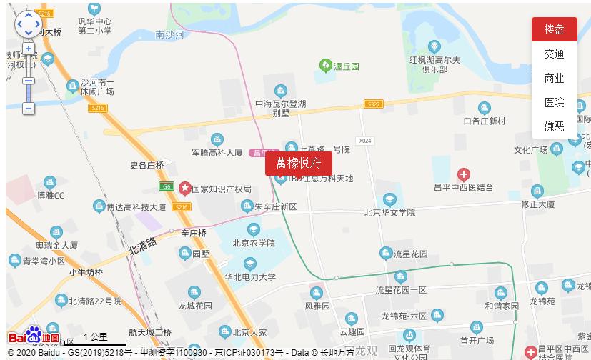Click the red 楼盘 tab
click(x=554, y=30)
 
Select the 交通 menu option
click(x=554, y=54)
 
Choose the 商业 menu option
click(x=554, y=79)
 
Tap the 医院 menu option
click(x=554, y=103)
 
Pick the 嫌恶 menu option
click(x=554, y=126)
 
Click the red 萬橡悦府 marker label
click(x=299, y=164)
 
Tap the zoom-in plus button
click(x=29, y=49)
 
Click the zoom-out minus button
click(x=29, y=109)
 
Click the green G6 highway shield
click(x=167, y=186)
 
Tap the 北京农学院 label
click(x=254, y=243)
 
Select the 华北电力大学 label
click(x=250, y=277)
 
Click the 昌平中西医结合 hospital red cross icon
click(x=463, y=174)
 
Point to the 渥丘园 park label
click(x=346, y=66)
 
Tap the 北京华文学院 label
click(x=389, y=212)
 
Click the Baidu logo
click(x=34, y=336)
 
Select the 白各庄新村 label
click(x=484, y=121)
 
